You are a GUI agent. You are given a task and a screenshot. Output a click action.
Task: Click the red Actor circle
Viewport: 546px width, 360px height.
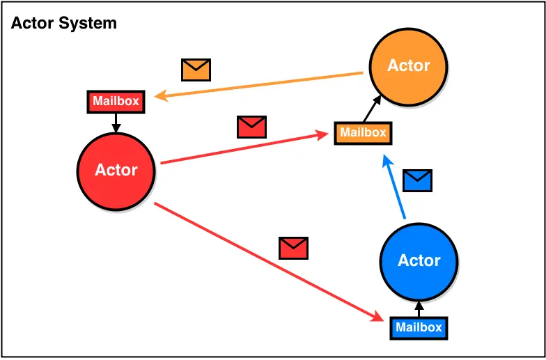click(x=116, y=171)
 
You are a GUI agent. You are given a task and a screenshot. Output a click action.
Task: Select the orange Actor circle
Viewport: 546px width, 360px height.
click(x=408, y=66)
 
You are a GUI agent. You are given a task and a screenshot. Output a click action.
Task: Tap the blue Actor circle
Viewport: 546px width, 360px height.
click(x=419, y=260)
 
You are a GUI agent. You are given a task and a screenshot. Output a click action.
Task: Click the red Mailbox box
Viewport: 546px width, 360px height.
click(x=116, y=102)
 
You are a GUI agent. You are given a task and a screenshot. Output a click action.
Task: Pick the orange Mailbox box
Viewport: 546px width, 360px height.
click(x=362, y=132)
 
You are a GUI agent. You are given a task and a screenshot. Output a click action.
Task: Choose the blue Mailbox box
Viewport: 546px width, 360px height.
click(x=418, y=327)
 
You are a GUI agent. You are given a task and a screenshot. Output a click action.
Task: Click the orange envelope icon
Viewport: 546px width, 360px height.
click(x=196, y=70)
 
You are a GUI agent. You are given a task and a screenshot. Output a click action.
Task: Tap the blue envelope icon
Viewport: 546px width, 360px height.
click(x=418, y=180)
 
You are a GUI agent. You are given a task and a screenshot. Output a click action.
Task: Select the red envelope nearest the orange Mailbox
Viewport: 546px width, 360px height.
click(x=251, y=127)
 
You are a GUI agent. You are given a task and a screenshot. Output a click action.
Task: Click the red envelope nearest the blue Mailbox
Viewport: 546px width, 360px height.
click(x=293, y=248)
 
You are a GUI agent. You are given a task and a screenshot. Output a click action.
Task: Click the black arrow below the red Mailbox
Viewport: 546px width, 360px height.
click(x=116, y=123)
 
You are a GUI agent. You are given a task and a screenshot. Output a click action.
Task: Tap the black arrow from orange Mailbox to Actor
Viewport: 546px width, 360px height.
click(x=372, y=109)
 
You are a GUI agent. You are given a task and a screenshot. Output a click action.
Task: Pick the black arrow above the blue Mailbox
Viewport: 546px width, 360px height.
click(x=419, y=308)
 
